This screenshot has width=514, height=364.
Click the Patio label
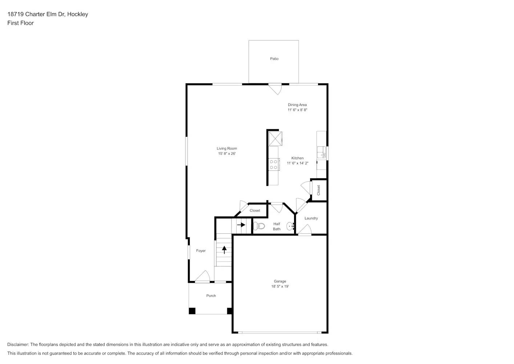[274, 59]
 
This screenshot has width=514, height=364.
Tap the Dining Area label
[297, 105]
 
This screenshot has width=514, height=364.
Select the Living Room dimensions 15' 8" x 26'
[227, 154]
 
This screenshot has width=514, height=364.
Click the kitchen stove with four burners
[274, 165]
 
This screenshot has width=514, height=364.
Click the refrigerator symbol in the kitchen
[275, 139]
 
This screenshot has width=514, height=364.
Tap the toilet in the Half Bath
[260, 226]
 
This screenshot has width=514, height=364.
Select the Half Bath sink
[290, 226]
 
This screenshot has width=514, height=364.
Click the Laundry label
[311, 218]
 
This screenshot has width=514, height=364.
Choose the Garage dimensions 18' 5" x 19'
[280, 286]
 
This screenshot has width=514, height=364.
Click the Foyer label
[201, 251]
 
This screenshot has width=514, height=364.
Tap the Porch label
[211, 296]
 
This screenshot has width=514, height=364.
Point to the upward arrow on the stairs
[224, 250]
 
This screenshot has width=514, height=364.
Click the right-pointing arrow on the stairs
[241, 225]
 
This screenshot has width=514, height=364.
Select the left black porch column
[192, 311]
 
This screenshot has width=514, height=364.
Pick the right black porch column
[229, 311]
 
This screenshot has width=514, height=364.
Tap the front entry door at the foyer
[202, 277]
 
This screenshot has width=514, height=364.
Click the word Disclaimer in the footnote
[18, 344]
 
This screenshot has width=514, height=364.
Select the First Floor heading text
[20, 23]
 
